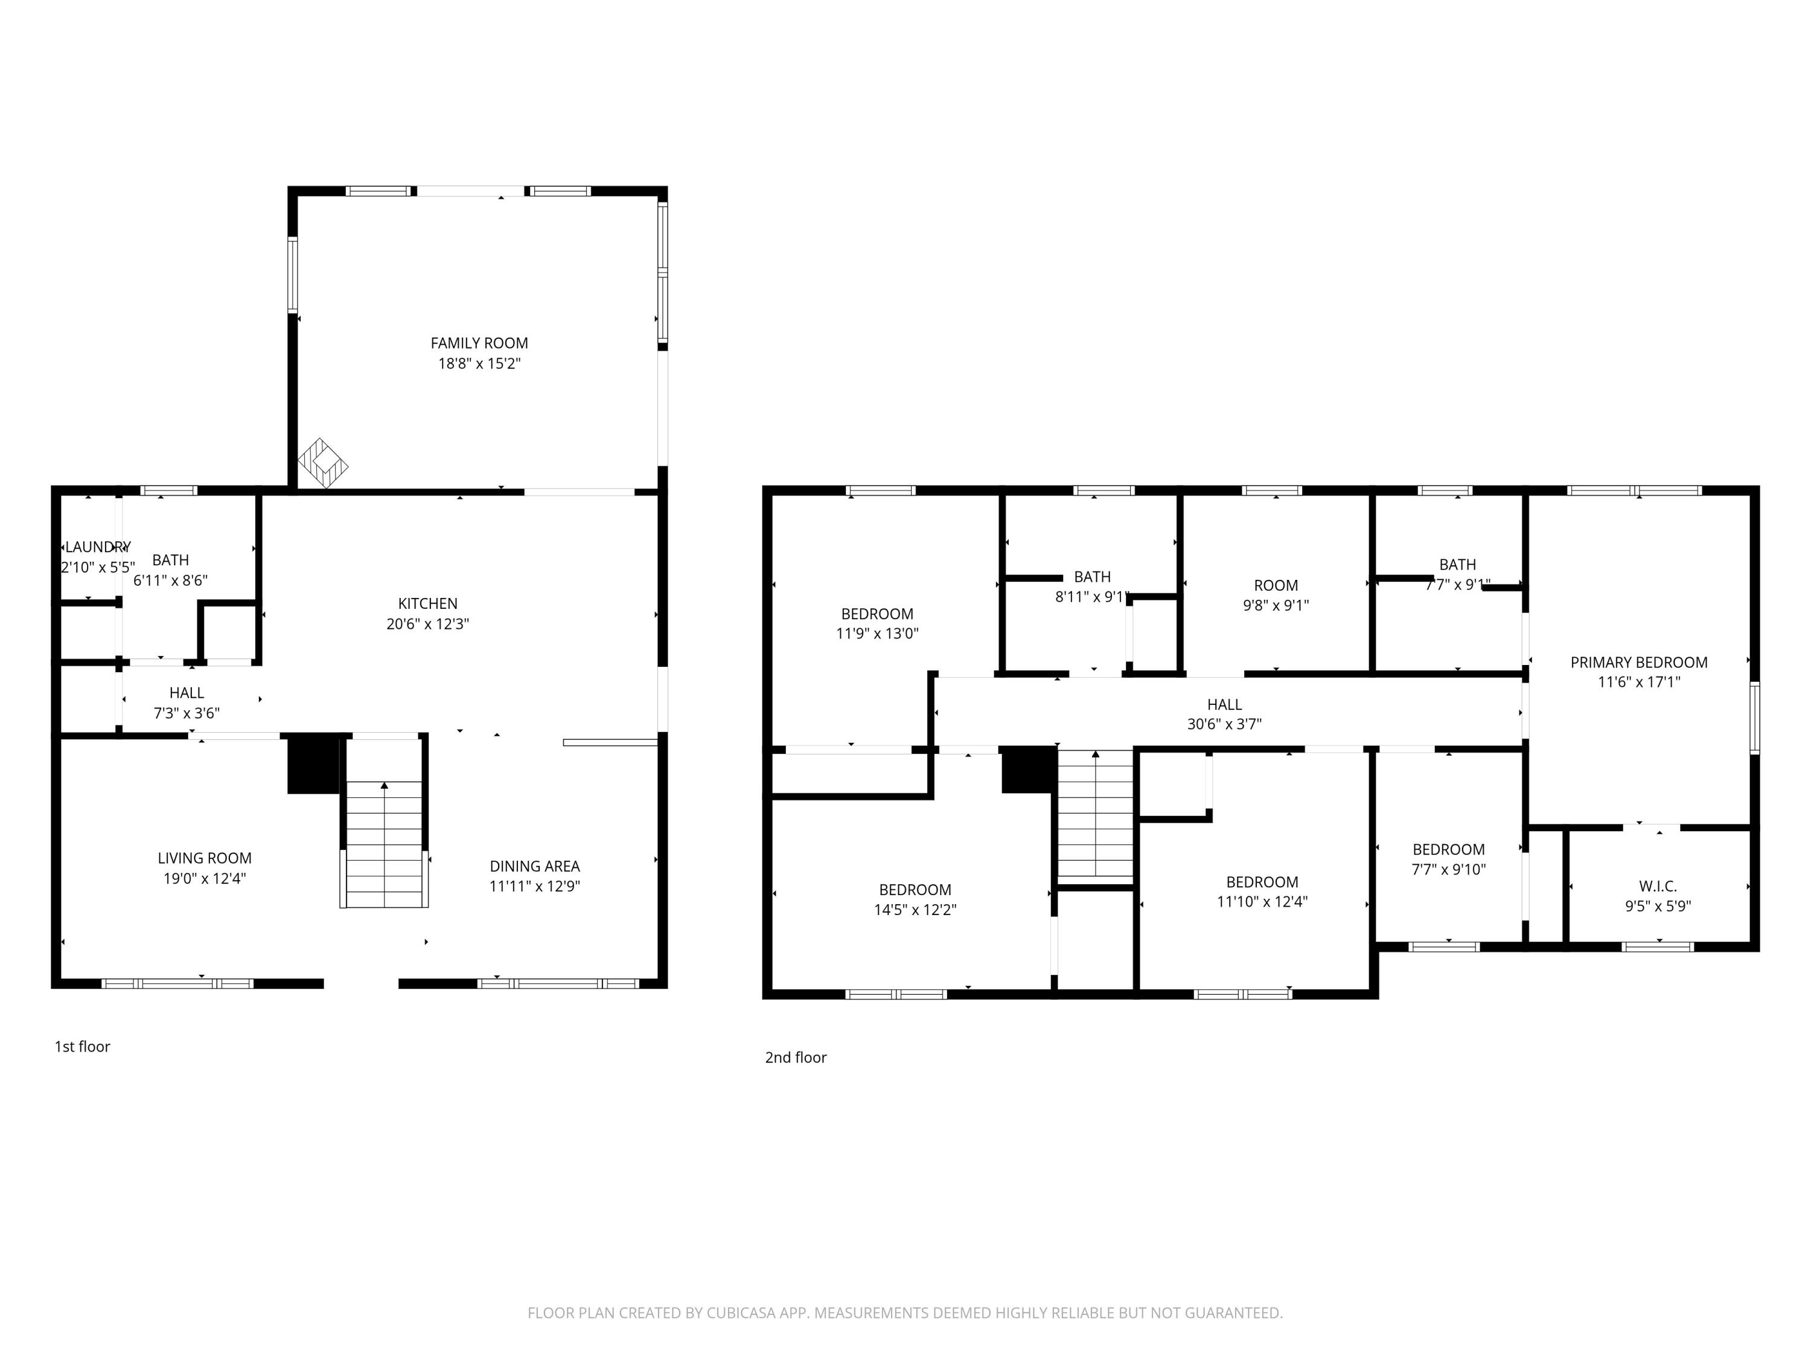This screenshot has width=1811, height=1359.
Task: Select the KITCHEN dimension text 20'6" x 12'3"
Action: [x=427, y=624]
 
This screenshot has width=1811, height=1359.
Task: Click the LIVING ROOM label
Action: [x=205, y=858]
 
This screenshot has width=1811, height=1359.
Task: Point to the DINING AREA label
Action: [x=535, y=866]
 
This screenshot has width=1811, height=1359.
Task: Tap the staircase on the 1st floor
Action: [x=384, y=844]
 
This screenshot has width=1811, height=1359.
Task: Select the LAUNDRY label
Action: [x=97, y=547]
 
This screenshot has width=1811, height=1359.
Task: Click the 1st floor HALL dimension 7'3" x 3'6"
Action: [x=187, y=713]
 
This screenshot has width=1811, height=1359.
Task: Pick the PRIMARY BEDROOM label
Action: [x=1639, y=663]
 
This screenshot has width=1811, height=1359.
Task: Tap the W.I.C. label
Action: [x=1658, y=886]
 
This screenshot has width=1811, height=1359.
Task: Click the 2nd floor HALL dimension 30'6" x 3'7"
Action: [x=1224, y=724]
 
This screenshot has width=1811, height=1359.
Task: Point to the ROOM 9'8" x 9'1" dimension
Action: [x=1276, y=605]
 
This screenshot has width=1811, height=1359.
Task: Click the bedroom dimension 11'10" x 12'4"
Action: [x=1262, y=902]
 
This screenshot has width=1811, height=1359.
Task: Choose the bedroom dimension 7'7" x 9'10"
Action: [x=1448, y=869]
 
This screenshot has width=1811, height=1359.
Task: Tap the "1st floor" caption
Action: [x=82, y=1046]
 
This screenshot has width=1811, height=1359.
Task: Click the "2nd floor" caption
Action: [x=796, y=1058]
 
